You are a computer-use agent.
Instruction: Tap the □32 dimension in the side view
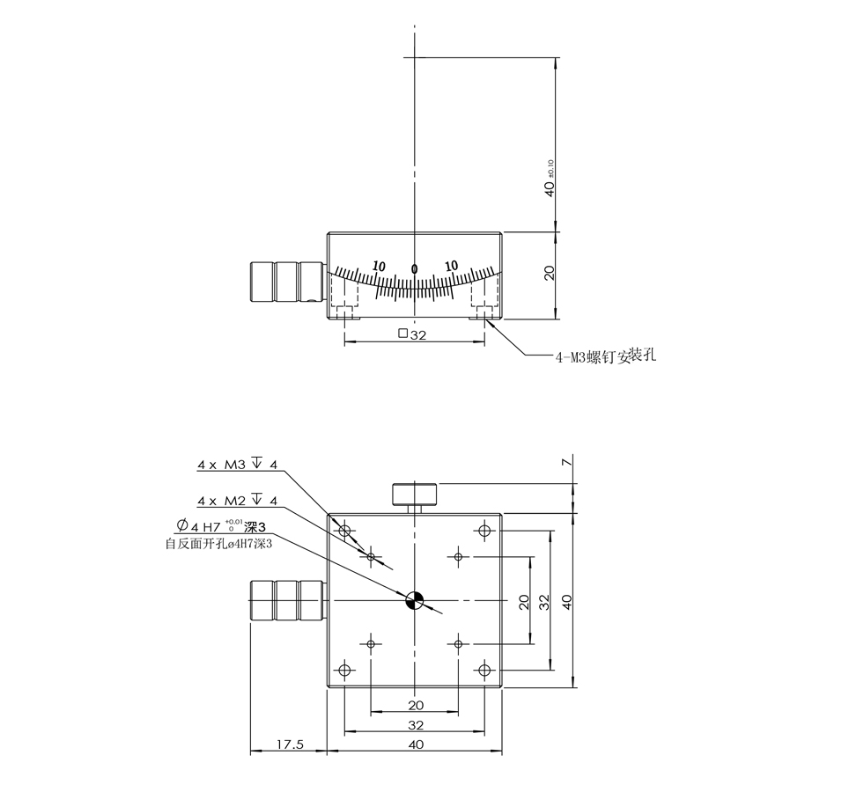tap(413, 334)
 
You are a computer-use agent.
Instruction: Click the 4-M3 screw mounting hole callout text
tap(606, 356)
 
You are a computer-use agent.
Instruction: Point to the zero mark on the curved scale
tap(414, 268)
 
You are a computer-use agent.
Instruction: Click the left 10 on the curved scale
tap(380, 266)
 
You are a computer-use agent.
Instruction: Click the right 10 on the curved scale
tap(451, 266)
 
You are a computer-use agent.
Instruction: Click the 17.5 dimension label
tap(290, 744)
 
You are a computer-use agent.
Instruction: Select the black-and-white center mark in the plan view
tap(415, 601)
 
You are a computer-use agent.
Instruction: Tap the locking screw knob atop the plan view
tap(414, 494)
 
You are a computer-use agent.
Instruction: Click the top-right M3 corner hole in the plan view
tap(484, 531)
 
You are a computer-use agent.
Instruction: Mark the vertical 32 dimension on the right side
tap(545, 601)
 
